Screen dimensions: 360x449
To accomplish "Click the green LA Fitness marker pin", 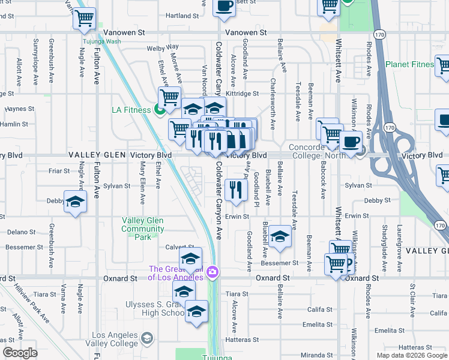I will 160,110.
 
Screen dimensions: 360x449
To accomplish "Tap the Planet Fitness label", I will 409,64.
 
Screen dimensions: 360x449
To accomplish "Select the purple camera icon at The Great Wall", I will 212,274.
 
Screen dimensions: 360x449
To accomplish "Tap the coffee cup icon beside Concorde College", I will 351,142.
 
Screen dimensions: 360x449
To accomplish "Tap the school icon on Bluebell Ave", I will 280,236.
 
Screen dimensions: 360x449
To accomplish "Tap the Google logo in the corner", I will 20,353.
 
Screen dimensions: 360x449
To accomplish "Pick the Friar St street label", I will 59,171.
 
